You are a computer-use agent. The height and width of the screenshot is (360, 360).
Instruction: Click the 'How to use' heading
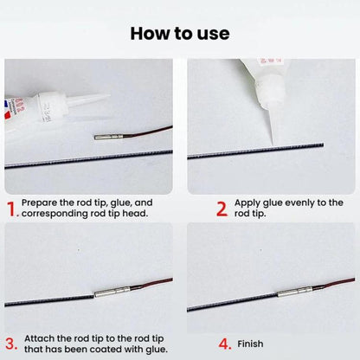pos(180,34)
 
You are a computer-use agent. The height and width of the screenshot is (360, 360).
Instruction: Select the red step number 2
pos(222,209)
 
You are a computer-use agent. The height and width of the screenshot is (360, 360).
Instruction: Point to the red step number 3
pos(11,344)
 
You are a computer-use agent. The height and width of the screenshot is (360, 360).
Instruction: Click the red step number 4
pos(225,344)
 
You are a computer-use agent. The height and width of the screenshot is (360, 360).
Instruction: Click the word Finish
pos(250,344)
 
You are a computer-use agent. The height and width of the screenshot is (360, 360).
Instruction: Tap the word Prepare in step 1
pos(40,202)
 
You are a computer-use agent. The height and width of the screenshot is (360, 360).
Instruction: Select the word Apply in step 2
pos(247,203)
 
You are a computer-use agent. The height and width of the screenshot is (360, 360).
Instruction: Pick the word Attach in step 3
pos(39,338)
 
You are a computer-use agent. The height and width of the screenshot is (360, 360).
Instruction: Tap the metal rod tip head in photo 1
pos(108,137)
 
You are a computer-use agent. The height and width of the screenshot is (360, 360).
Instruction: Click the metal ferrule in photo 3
pos(112,291)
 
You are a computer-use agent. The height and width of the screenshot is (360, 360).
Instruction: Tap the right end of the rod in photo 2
pos(323,145)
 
